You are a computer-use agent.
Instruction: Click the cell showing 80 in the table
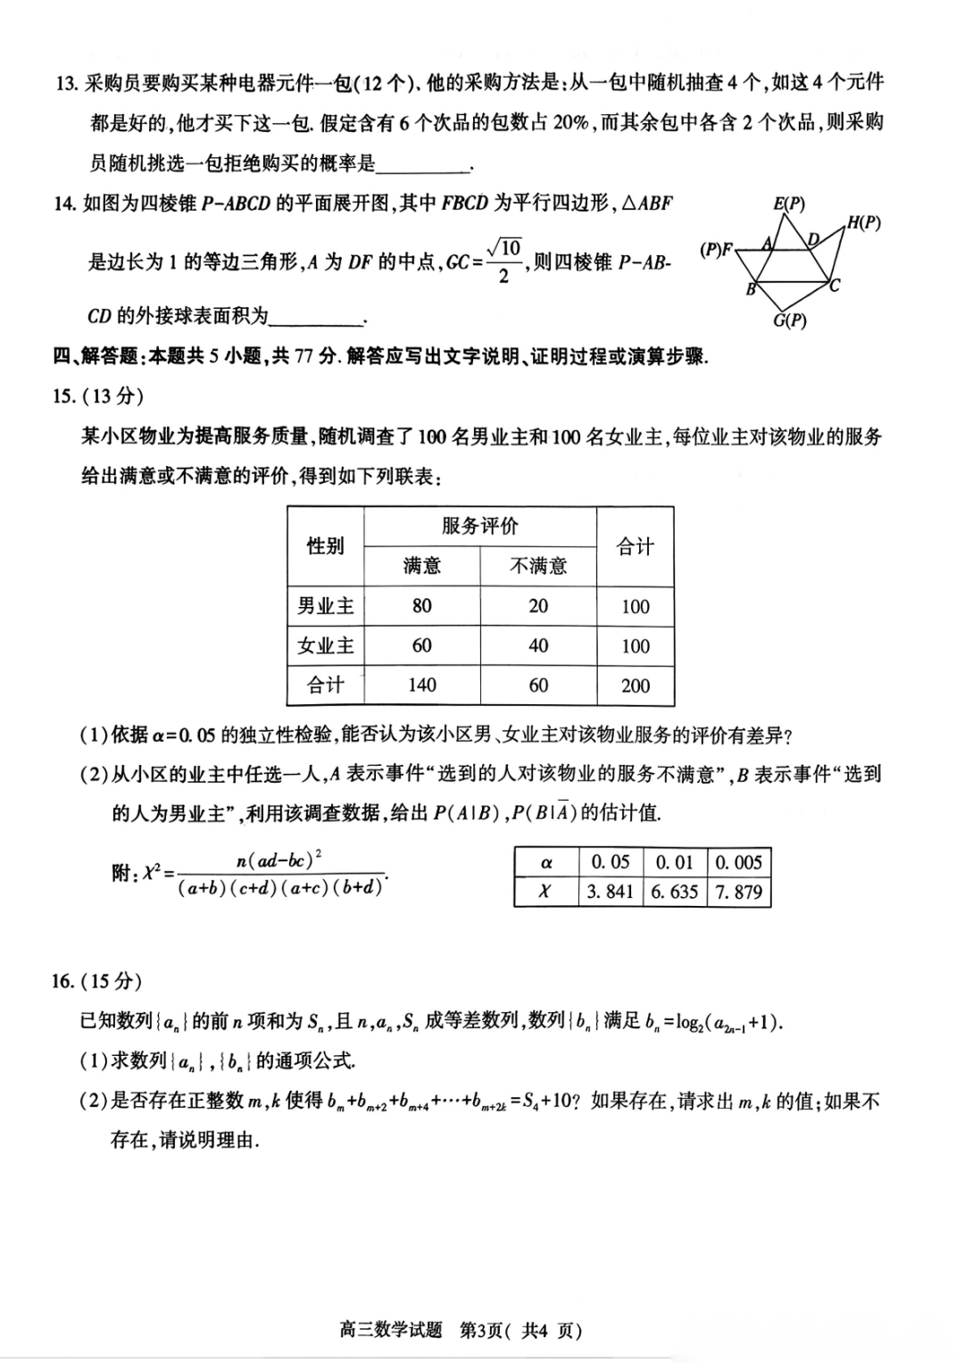[x=421, y=606]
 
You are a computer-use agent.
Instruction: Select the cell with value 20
[x=538, y=606]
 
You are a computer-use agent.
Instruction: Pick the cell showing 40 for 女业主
[x=538, y=645]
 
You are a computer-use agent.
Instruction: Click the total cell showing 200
[x=635, y=686]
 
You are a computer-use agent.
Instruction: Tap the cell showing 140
[x=421, y=686]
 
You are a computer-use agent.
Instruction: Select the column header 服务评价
[x=479, y=526]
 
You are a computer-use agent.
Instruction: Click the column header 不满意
[x=538, y=566]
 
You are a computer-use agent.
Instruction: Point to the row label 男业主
[x=326, y=606]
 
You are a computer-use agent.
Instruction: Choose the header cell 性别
[x=326, y=545]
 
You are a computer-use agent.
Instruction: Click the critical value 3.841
[x=610, y=892]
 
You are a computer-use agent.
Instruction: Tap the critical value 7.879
[x=738, y=892]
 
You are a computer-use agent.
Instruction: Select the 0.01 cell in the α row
[x=674, y=862]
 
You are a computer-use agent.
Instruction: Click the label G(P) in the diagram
[x=789, y=320]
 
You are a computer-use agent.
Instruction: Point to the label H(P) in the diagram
[x=862, y=223]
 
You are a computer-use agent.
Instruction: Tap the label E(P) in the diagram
[x=788, y=204]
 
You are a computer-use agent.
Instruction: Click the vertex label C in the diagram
[x=835, y=286]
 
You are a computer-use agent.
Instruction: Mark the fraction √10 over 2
[x=504, y=261]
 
